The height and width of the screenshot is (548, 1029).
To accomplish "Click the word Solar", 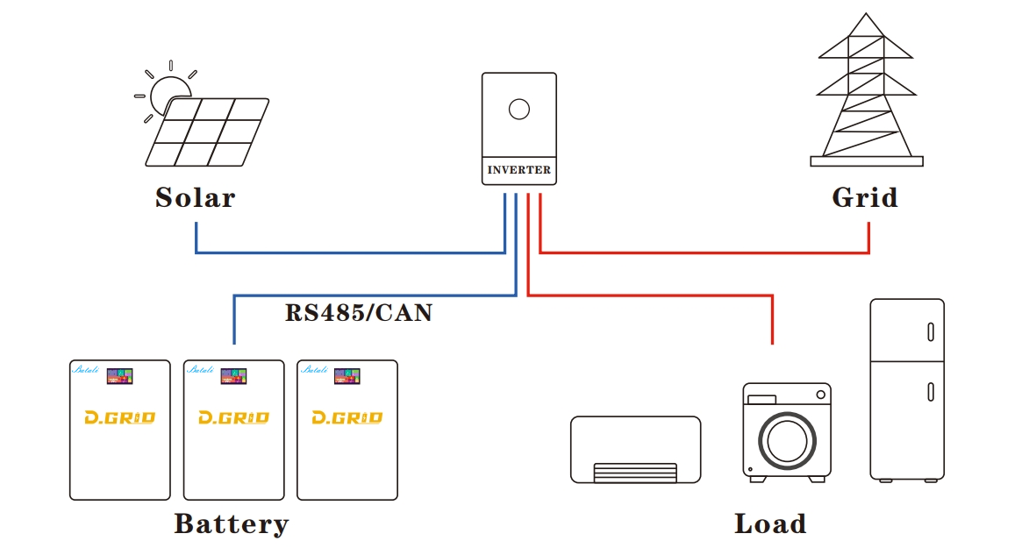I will tap(195, 197).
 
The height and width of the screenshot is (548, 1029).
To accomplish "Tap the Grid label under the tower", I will tap(864, 197).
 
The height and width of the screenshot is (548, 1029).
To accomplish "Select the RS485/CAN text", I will tap(358, 313).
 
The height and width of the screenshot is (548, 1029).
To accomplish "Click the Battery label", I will tap(231, 523).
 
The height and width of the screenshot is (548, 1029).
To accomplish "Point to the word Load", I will tap(769, 523).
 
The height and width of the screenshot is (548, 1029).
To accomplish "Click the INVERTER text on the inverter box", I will tap(518, 170).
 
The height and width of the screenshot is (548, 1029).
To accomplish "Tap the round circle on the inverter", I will tap(519, 110).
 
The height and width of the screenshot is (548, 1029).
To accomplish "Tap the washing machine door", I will tap(786, 438).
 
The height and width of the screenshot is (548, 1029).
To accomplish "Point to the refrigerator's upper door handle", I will tap(929, 332).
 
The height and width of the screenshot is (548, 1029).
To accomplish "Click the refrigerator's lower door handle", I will tap(929, 392).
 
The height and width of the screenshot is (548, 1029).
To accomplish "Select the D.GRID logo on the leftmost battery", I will tap(119, 418).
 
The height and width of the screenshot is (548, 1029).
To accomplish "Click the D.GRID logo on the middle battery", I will tap(233, 418).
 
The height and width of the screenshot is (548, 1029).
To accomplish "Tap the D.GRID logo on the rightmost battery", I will tap(347, 418).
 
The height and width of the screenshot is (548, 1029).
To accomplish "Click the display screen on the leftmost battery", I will tap(119, 376).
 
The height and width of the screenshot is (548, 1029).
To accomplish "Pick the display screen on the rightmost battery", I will tap(347, 376).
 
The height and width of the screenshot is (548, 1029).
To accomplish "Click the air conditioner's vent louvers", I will tap(635, 473).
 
